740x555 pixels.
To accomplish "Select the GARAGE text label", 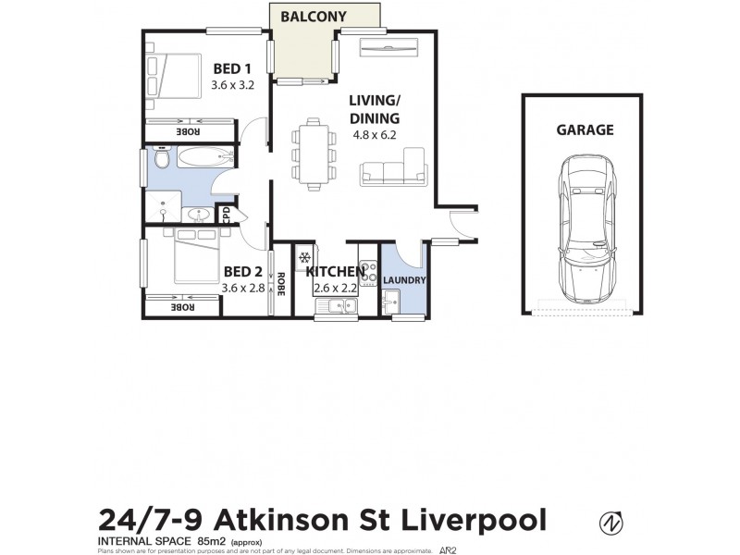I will (585, 130).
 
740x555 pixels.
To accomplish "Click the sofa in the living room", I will (394, 170).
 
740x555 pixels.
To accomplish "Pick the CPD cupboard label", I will (225, 215).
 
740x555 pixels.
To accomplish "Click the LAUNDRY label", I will (403, 279).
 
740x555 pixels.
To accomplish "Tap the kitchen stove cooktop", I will (367, 268).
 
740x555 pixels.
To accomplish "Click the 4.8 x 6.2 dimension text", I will (374, 134).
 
